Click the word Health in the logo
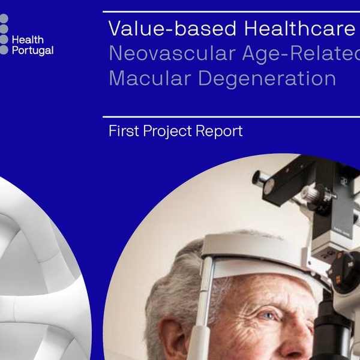click(x=28, y=40)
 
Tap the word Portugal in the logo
click(x=32, y=51)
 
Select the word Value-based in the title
click(x=172, y=28)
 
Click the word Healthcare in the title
click(x=299, y=28)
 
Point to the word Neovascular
click(x=172, y=53)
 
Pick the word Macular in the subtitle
click(x=150, y=78)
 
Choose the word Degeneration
click(x=267, y=79)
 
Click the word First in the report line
click(x=124, y=131)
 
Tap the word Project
click(x=167, y=131)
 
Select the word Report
click(x=219, y=131)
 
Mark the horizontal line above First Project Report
click(x=231, y=117)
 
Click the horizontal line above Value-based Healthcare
click(x=231, y=12)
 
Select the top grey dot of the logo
click(x=4, y=19)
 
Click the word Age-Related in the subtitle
click(x=301, y=54)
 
